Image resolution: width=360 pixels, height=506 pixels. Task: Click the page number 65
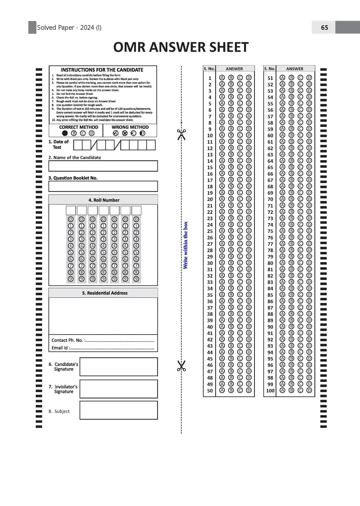click(x=324, y=27)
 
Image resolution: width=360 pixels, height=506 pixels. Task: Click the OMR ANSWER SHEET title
click(x=181, y=47)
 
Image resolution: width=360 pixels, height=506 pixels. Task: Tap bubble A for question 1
click(x=222, y=78)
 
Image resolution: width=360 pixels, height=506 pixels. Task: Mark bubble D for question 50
click(x=249, y=390)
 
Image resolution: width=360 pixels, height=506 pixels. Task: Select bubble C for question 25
click(x=240, y=231)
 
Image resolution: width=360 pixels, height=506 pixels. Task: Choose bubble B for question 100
click(x=291, y=390)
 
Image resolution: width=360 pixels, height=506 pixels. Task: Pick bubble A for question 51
click(x=282, y=78)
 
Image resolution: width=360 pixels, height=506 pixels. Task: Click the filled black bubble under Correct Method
click(x=65, y=133)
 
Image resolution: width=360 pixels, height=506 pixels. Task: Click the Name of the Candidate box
click(x=103, y=166)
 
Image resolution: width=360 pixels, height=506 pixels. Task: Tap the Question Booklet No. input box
click(x=103, y=186)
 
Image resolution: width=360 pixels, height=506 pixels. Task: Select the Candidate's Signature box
click(x=118, y=366)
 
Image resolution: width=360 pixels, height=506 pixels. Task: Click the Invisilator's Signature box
click(x=118, y=389)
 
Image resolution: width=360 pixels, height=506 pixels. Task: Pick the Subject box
click(x=118, y=410)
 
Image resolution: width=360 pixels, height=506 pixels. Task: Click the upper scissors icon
click(x=181, y=134)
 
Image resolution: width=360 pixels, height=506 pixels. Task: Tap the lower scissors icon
click(x=181, y=366)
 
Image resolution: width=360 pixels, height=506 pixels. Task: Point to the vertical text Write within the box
click(x=186, y=245)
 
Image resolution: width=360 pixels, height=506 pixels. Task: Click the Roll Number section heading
click(x=104, y=200)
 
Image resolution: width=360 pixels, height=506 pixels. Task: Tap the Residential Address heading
click(x=105, y=293)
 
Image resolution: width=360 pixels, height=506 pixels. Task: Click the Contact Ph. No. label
click(x=67, y=340)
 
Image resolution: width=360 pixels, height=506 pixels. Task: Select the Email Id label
click(x=60, y=348)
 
